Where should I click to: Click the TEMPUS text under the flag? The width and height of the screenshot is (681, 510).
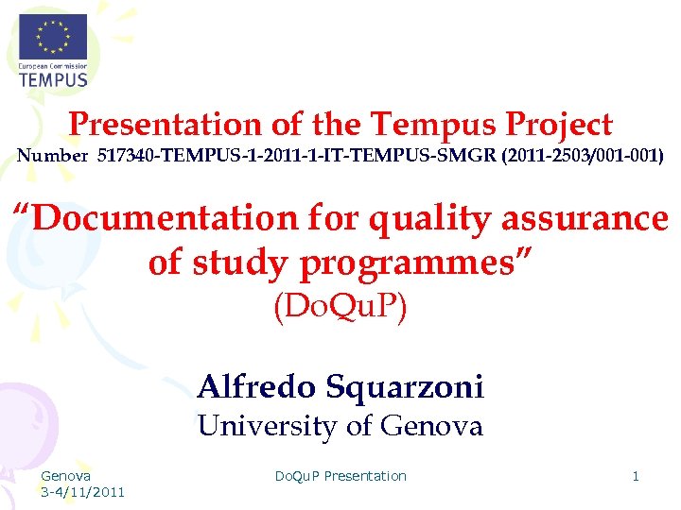(53, 79)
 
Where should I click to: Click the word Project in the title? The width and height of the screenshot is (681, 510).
(559, 125)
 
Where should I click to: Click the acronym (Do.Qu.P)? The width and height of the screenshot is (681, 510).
(340, 308)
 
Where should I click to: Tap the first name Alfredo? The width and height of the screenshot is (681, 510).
(256, 386)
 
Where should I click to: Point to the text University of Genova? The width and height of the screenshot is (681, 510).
(340, 427)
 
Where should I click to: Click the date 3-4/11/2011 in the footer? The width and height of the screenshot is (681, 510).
(82, 492)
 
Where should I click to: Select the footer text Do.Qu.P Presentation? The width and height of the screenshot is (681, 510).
(340, 476)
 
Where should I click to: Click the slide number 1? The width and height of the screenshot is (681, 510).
(636, 476)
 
